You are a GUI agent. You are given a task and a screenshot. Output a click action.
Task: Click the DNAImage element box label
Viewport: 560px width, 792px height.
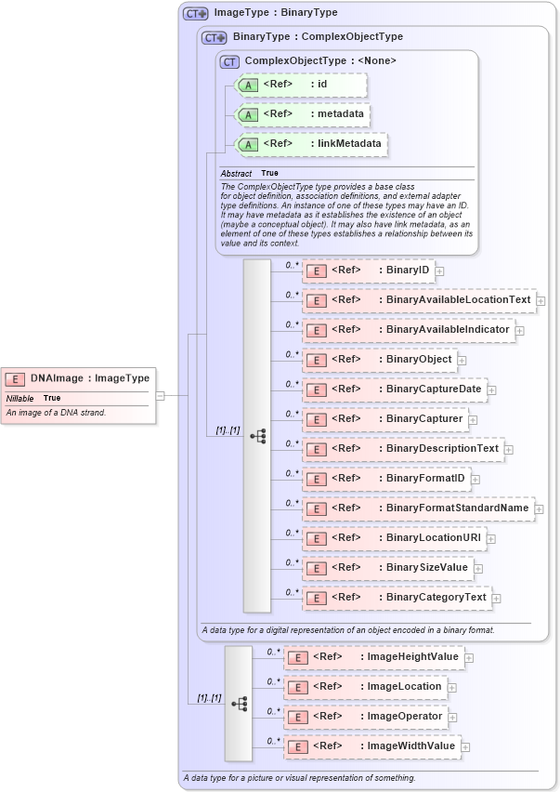coord(89,378)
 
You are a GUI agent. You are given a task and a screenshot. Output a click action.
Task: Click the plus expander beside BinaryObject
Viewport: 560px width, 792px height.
coord(462,360)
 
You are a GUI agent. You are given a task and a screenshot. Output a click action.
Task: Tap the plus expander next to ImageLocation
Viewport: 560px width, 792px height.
coord(451,687)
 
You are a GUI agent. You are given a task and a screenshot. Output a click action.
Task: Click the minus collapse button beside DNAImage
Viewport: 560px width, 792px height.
coord(161,395)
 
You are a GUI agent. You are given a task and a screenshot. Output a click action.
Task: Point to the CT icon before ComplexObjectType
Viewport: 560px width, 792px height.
coord(229,61)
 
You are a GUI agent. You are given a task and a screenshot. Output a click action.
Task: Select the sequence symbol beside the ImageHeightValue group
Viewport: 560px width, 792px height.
coord(239,704)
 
